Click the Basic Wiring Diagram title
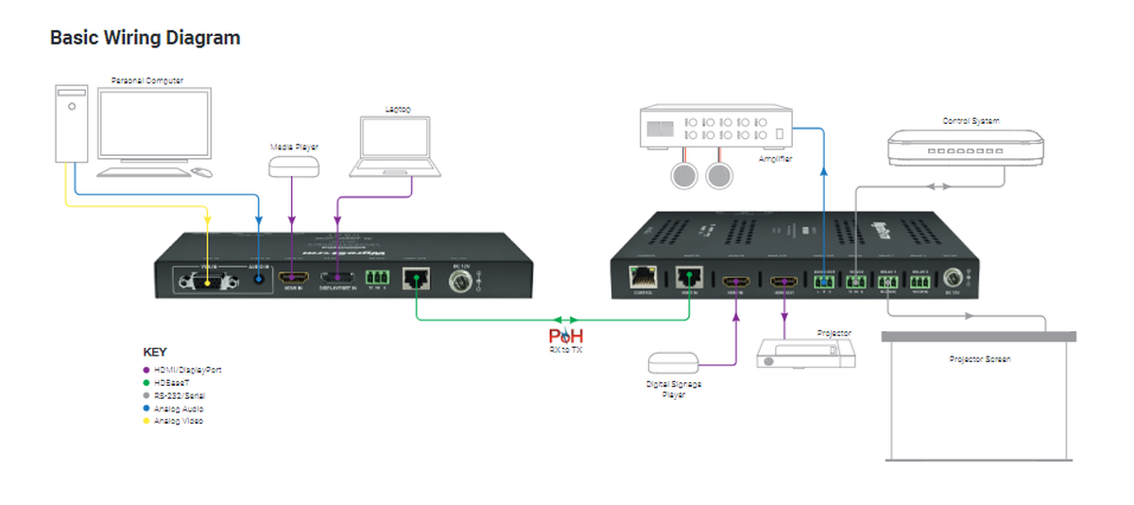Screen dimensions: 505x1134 [x=145, y=38]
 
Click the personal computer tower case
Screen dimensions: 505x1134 [x=71, y=124]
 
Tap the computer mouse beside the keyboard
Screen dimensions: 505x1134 [x=203, y=171]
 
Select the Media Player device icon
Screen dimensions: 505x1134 [x=294, y=166]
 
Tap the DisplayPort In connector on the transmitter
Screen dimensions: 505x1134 [x=336, y=277]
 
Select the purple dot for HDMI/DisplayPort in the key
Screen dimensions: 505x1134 [x=146, y=370]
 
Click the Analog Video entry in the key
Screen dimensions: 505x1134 [x=180, y=421]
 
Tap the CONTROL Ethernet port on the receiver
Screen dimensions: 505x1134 [x=646, y=278]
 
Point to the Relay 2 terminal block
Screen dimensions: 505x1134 [x=919, y=280]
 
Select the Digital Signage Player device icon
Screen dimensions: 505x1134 [x=673, y=362]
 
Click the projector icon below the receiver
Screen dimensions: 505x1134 [x=807, y=354]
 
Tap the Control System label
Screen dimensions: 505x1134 [x=970, y=121]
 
